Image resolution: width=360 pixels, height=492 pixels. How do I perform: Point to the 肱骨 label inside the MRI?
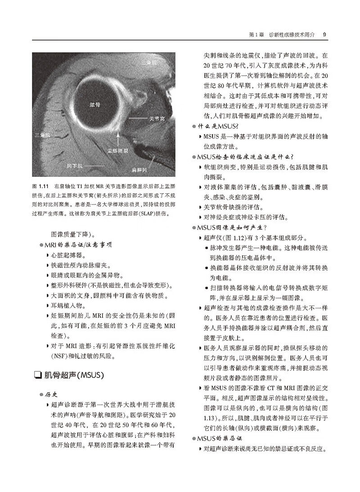click(94, 104)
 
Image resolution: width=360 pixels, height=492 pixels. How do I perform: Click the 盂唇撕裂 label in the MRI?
click(117, 151)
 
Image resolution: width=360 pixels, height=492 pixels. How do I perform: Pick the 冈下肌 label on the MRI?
click(75, 166)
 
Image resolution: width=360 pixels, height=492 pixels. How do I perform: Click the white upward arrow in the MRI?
click(118, 136)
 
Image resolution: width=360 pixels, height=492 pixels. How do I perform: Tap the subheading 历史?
click(51, 395)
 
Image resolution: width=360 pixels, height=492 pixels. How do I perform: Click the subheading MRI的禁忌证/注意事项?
click(77, 244)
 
